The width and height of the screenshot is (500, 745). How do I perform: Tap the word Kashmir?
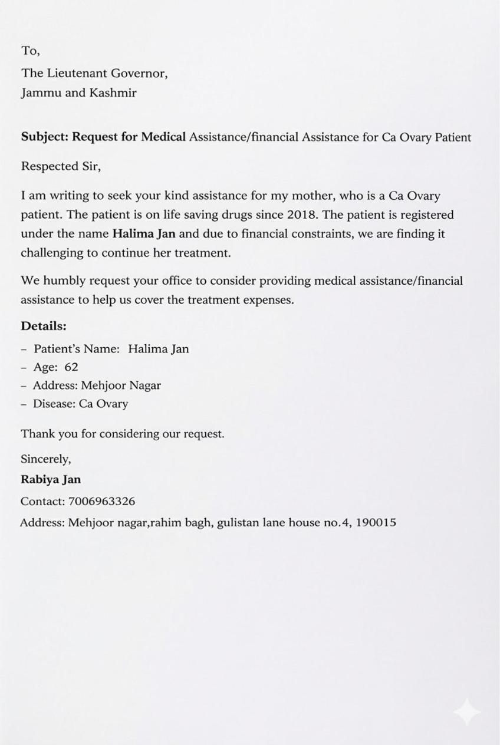click(x=113, y=93)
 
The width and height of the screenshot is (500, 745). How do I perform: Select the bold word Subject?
click(x=45, y=137)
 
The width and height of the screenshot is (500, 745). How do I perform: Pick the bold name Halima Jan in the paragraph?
click(x=144, y=234)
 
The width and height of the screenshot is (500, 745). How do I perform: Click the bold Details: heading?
click(x=44, y=326)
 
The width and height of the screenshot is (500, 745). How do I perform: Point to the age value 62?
click(x=71, y=367)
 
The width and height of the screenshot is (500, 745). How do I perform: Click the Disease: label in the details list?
click(x=54, y=404)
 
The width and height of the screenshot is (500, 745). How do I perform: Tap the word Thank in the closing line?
click(x=37, y=434)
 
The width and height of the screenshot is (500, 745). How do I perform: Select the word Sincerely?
click(x=45, y=459)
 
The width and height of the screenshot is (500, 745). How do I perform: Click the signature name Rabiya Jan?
click(x=51, y=480)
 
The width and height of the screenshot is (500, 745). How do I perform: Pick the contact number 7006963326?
click(x=101, y=502)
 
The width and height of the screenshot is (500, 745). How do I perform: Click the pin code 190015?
click(x=376, y=522)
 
